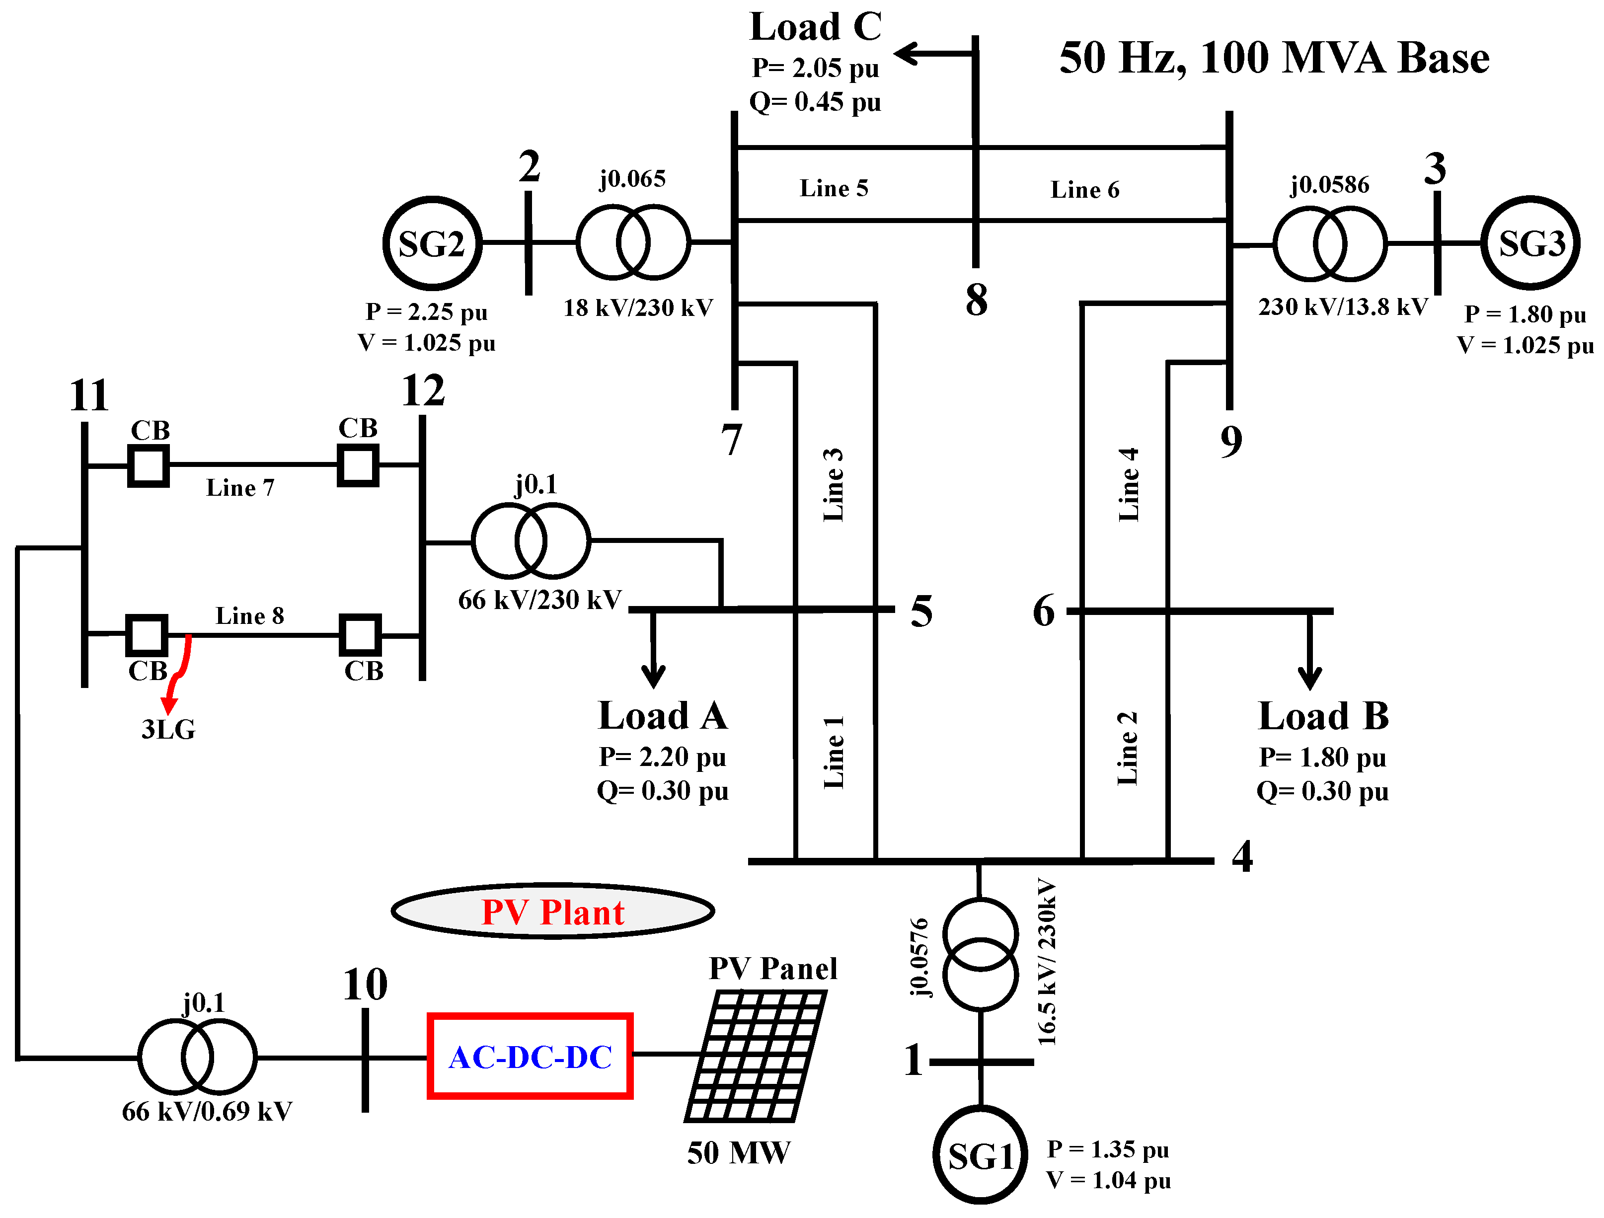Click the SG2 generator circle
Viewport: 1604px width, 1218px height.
click(x=432, y=243)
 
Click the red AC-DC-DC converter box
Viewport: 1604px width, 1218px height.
click(x=530, y=1057)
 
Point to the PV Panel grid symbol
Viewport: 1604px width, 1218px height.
click(x=755, y=1057)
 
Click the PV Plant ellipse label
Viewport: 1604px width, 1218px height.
click(x=552, y=912)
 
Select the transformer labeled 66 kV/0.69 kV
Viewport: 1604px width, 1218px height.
click(x=197, y=1057)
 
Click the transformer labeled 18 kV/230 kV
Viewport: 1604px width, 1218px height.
click(x=633, y=242)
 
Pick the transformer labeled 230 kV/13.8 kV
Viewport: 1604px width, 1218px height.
click(x=1330, y=243)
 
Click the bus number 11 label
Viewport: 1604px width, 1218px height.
click(x=89, y=396)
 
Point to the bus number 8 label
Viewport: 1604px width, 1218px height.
click(x=976, y=300)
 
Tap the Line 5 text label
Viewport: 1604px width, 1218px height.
click(x=834, y=188)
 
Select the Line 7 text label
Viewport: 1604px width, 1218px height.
click(x=240, y=488)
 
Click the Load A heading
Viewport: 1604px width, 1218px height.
click(x=662, y=716)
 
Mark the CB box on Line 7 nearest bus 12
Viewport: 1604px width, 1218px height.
click(x=358, y=465)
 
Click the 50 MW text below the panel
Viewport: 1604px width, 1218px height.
click(x=738, y=1153)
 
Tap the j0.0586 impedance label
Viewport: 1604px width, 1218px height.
click(x=1330, y=185)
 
